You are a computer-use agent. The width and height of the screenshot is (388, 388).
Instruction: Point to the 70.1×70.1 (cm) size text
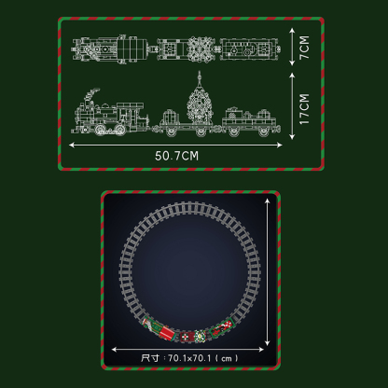click(x=190, y=356)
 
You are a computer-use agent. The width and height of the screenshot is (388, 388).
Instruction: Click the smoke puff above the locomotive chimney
click(x=92, y=94)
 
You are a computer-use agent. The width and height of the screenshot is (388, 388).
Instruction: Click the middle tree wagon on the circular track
click(x=190, y=335)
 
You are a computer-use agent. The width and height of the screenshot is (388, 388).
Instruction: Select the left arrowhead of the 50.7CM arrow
click(x=74, y=144)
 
